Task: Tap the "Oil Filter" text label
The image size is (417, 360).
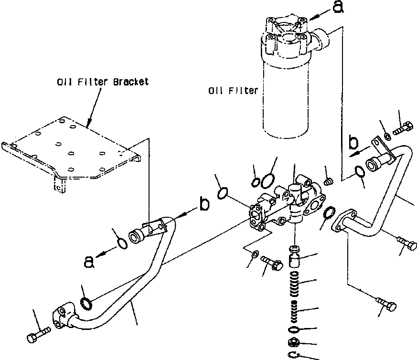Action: pyautogui.click(x=233, y=91)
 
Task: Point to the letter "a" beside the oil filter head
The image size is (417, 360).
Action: pyautogui.click(x=338, y=7)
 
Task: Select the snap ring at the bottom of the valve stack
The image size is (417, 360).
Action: pyautogui.click(x=294, y=354)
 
